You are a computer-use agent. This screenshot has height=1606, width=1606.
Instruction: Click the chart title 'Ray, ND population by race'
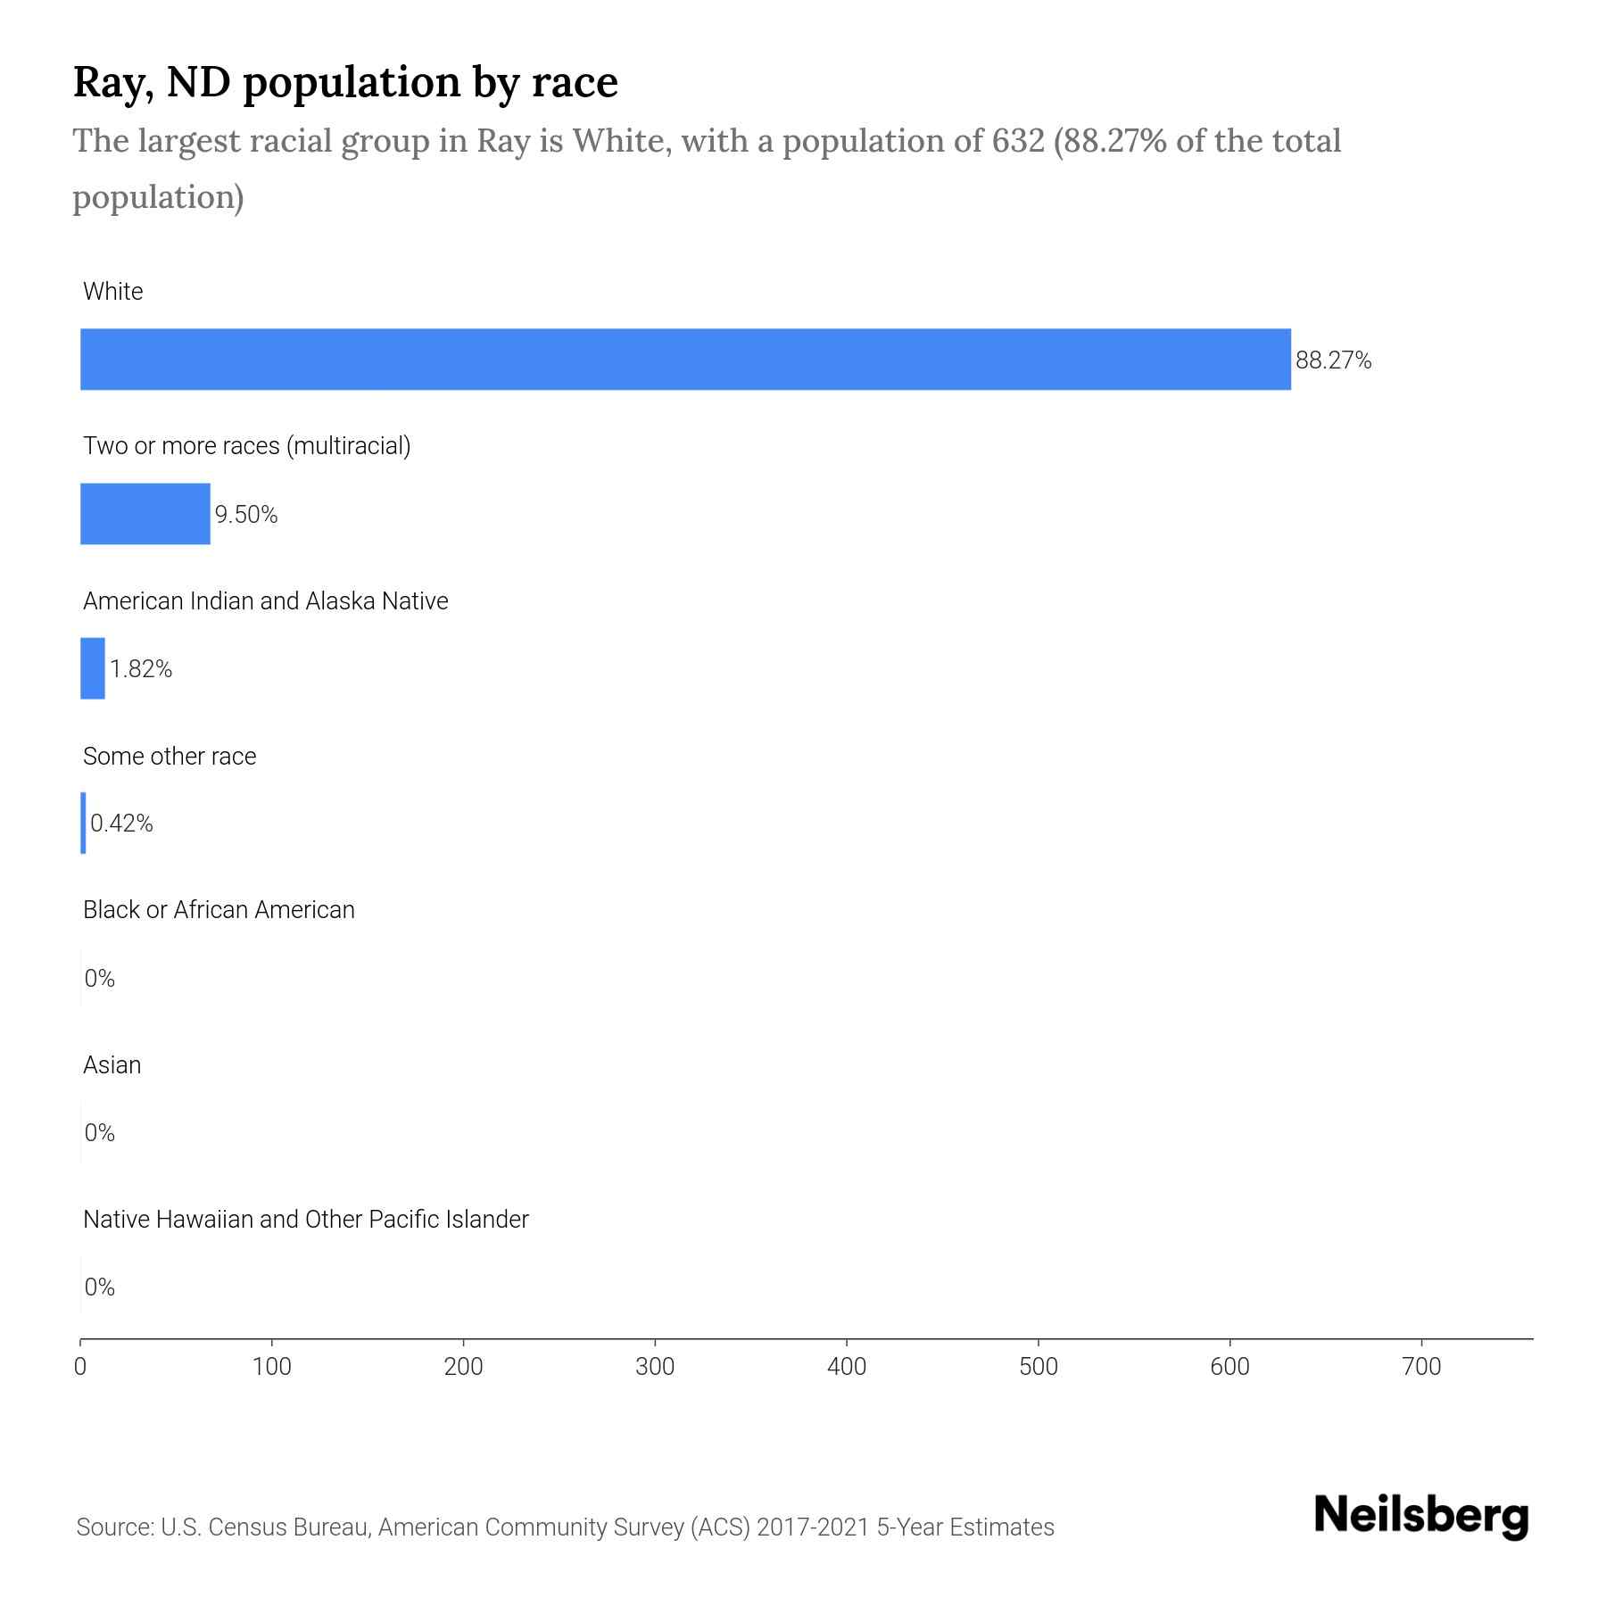tap(344, 82)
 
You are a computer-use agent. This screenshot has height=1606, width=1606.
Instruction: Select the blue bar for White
tap(685, 360)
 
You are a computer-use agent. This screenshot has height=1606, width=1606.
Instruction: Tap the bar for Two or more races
tap(145, 514)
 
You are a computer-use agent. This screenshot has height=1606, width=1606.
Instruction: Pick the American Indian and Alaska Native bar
tap(93, 668)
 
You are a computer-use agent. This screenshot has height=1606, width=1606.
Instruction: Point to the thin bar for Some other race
tap(84, 823)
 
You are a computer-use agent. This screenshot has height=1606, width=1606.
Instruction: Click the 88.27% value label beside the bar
tap(1333, 360)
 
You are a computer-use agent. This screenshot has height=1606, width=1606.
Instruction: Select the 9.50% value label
tap(246, 515)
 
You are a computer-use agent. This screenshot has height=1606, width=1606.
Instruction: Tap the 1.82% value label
tap(141, 669)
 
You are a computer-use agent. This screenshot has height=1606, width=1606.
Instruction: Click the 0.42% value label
tap(122, 824)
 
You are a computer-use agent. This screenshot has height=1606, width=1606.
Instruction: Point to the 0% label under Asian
tap(100, 1133)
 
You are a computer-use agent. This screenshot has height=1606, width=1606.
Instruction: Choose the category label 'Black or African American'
tap(219, 910)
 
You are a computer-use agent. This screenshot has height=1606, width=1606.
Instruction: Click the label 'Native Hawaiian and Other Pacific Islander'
tap(306, 1220)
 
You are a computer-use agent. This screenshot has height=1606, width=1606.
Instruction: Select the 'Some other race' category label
tap(170, 757)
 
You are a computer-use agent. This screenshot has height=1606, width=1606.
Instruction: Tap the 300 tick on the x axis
tap(655, 1367)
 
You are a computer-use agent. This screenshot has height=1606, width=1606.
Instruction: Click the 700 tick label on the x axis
tap(1421, 1367)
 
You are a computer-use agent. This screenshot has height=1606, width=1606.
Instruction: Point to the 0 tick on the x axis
tap(80, 1367)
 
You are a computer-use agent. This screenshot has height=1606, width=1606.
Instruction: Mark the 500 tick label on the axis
tap(1039, 1367)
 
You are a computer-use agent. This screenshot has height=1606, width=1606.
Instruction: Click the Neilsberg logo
tap(1421, 1517)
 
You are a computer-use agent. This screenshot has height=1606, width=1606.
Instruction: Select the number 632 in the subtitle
tap(1018, 141)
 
